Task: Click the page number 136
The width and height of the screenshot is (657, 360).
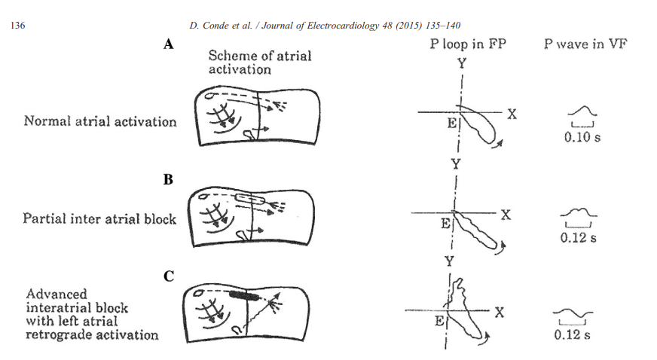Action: [16, 26]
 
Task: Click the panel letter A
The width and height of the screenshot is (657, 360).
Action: [169, 45]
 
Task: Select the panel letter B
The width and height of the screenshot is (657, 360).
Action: [169, 181]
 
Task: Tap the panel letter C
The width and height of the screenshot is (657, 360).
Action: [169, 277]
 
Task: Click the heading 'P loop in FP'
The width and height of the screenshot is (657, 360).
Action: [468, 44]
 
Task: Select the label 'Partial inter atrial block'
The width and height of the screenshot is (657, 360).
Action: [100, 219]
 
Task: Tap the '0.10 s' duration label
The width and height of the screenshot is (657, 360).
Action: [582, 139]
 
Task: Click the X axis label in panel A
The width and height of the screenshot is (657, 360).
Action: [512, 114]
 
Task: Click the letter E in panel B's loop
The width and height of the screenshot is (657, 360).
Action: [445, 224]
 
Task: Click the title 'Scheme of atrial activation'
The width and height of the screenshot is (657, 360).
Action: [259, 63]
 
